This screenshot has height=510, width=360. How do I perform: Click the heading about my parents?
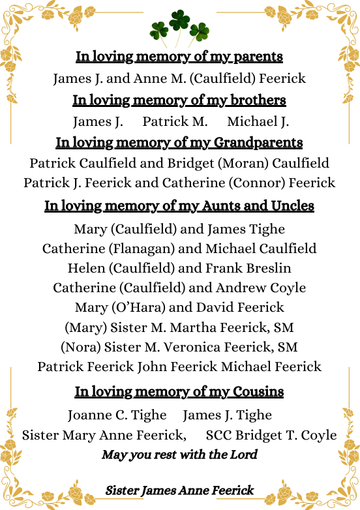[x=179, y=57]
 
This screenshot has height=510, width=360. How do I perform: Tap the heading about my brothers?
[x=179, y=100]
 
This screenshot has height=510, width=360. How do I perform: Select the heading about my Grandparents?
[x=179, y=142]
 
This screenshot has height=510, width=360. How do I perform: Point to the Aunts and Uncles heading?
[x=179, y=206]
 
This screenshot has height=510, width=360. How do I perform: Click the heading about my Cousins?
[x=179, y=392]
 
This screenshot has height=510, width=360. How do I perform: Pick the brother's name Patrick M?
[x=175, y=121]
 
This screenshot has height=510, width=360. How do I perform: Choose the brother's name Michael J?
[x=258, y=121]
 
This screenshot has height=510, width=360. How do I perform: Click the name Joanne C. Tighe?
[x=117, y=415]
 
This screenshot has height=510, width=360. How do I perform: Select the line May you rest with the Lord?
[x=179, y=455]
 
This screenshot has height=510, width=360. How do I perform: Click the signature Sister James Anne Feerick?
[x=179, y=490]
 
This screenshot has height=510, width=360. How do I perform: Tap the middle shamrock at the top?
[x=179, y=22]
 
